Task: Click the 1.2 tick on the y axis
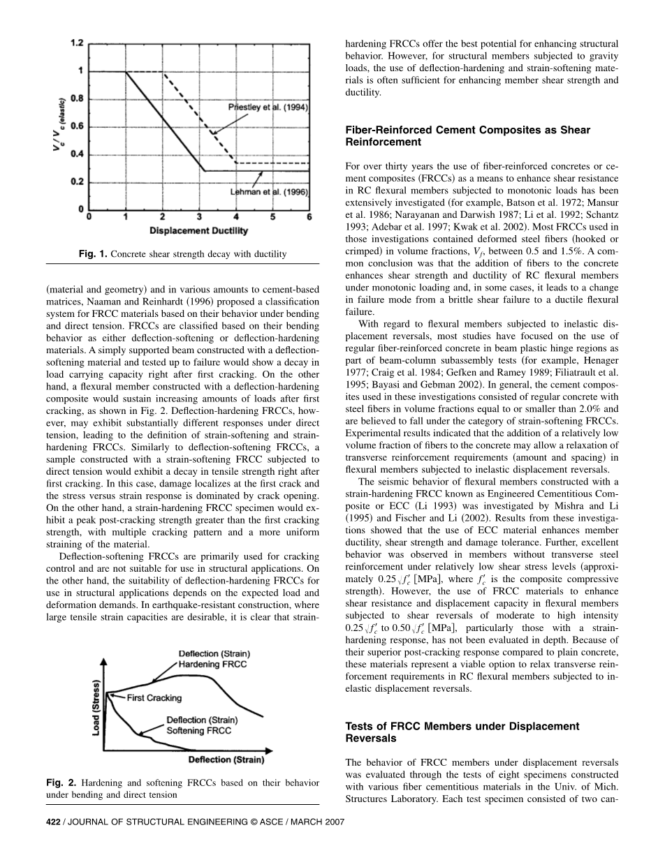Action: coord(76,43)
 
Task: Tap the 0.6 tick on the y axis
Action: coord(76,126)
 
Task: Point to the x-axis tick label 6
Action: coord(309,218)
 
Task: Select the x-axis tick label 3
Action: coord(198,218)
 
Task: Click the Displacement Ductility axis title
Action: coord(198,231)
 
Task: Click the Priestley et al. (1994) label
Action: coord(268,107)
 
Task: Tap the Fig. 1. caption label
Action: coord(93,254)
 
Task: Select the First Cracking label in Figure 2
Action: coord(154,697)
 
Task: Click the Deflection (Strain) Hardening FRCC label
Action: coord(214,659)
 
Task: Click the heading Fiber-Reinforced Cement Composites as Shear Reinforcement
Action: coord(468,136)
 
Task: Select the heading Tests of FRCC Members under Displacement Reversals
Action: coord(462,732)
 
